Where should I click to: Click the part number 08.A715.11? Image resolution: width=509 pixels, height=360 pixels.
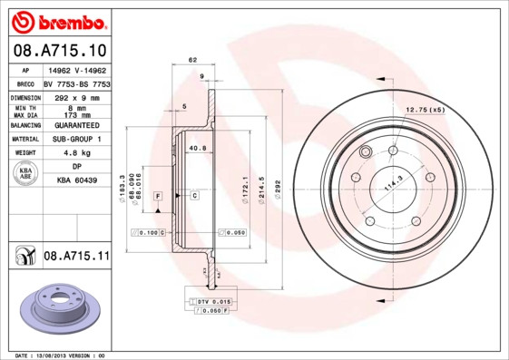pyautogui.click(x=76, y=257)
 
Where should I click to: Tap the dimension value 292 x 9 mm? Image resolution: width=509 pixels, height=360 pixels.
pyautogui.click(x=77, y=95)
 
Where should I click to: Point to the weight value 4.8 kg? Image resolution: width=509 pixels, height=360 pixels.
pyautogui.click(x=77, y=153)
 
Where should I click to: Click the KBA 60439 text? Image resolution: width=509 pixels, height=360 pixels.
pyautogui.click(x=77, y=181)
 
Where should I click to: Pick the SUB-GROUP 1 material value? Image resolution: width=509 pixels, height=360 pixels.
pyautogui.click(x=77, y=139)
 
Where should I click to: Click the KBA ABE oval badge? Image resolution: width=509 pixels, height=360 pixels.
pyautogui.click(x=26, y=175)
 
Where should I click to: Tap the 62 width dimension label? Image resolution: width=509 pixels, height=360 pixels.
pyautogui.click(x=192, y=60)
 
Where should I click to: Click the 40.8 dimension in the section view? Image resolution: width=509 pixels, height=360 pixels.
pyautogui.click(x=197, y=148)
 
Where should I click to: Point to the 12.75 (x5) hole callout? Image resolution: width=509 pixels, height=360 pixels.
pyautogui.click(x=425, y=110)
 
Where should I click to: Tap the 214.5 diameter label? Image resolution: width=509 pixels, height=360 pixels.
pyautogui.click(x=261, y=187)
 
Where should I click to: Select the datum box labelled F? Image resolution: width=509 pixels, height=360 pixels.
pyautogui.click(x=158, y=196)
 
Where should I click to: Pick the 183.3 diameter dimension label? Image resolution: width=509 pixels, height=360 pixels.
pyautogui.click(x=122, y=188)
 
